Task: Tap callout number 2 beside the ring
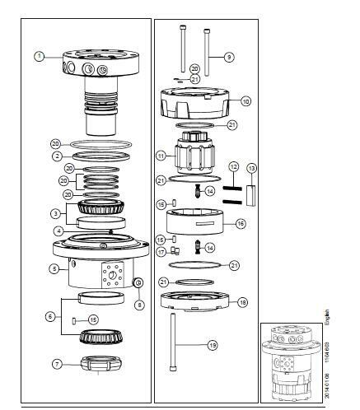point(56,155)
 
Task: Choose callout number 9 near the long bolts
point(229,57)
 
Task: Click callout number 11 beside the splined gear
point(161,155)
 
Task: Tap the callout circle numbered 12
point(234,168)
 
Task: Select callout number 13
point(252,168)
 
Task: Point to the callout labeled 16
point(241,223)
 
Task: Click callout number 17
point(162,252)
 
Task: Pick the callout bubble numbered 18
point(242,302)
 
